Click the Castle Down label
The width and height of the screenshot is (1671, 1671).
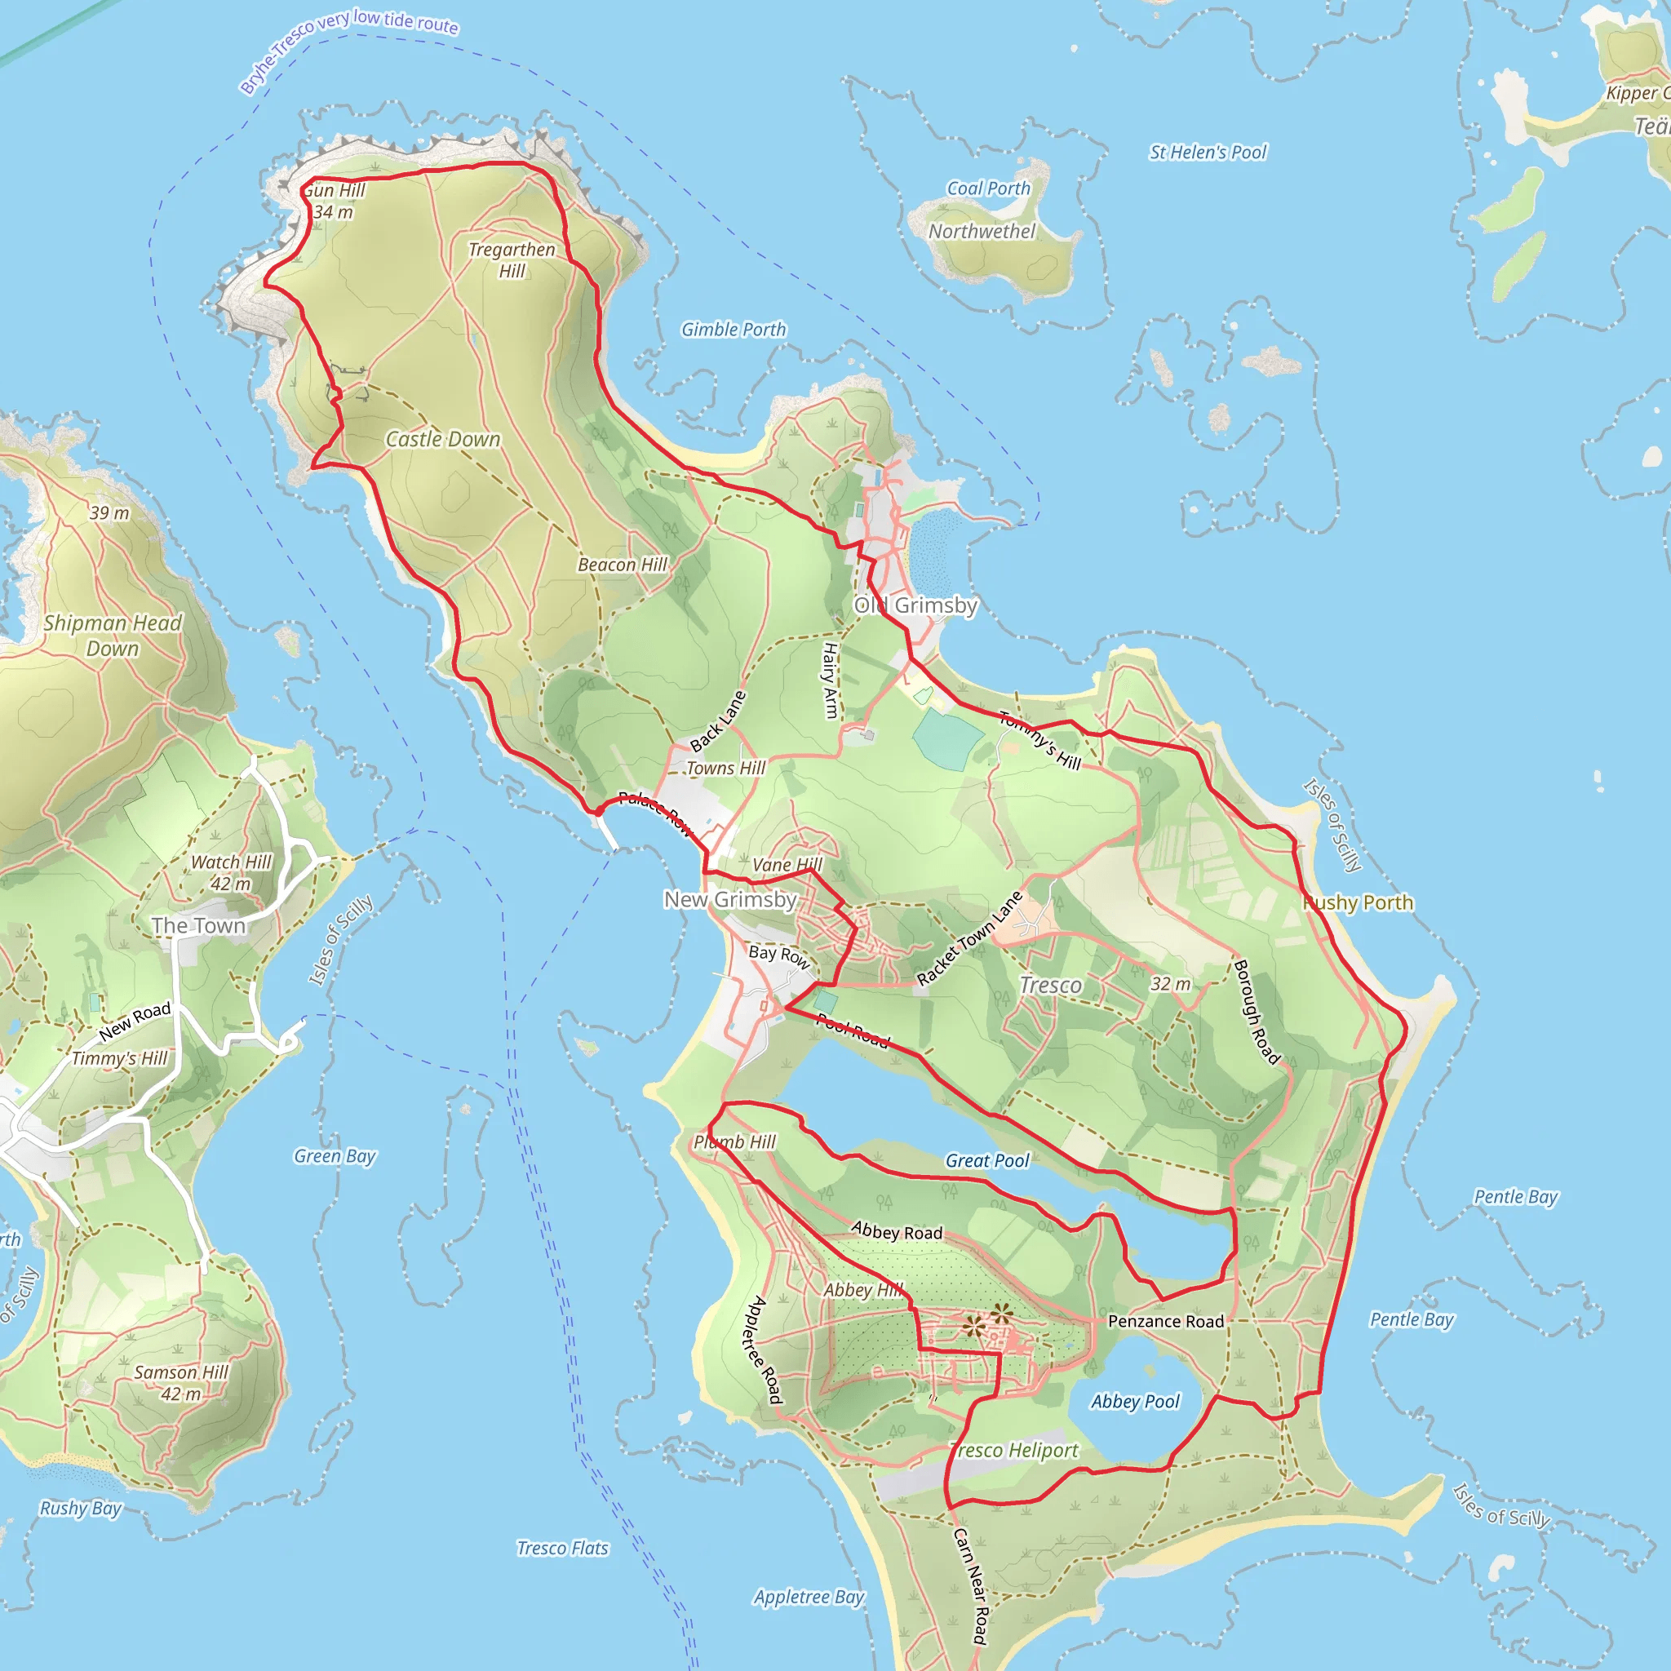coord(443,440)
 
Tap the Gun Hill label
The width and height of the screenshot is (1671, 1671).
coord(335,190)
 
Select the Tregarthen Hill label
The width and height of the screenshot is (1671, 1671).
coord(512,259)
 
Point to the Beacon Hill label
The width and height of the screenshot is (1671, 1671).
coord(623,565)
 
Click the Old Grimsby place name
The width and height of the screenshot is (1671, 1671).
coord(916,605)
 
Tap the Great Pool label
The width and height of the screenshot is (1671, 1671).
coord(988,1161)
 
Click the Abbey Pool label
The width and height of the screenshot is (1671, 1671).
coord(1135,1401)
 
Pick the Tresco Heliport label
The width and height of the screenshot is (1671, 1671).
coord(1014,1451)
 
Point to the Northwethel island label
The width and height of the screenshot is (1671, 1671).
coord(982,231)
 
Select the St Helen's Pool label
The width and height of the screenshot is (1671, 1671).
coord(1208,153)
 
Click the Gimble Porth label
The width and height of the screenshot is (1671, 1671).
coord(734,330)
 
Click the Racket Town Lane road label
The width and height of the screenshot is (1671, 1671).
coord(969,938)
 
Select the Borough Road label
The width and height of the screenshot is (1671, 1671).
coord(1256,1011)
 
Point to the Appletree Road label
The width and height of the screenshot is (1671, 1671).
coord(763,1350)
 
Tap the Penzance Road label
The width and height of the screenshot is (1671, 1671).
coord(1166,1321)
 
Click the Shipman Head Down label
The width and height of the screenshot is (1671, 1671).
coord(113,635)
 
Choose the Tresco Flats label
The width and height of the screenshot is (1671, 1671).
coord(562,1548)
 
